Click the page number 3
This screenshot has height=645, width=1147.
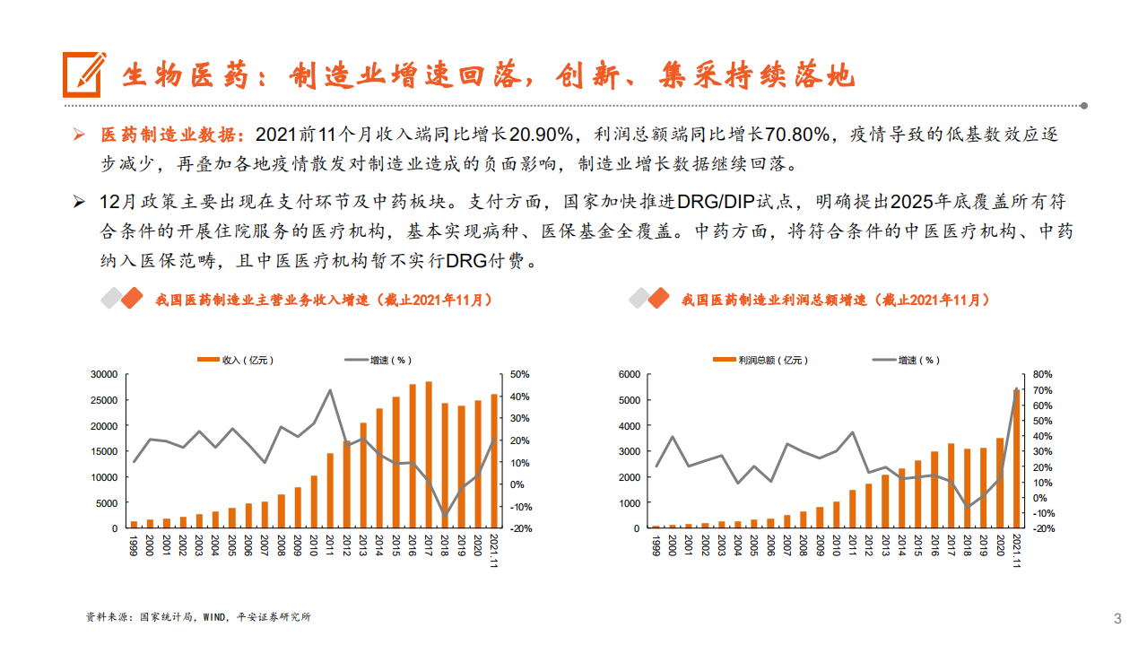click(x=1117, y=618)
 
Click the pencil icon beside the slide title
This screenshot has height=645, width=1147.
click(x=84, y=74)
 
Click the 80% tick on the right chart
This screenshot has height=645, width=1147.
click(x=1041, y=374)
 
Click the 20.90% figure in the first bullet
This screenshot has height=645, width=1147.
click(x=542, y=135)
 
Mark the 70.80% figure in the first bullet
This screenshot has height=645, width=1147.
click(x=797, y=135)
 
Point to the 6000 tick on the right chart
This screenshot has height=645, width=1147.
click(x=630, y=374)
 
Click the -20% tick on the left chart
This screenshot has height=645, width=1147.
click(x=522, y=529)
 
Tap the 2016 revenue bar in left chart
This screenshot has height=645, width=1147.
click(x=413, y=457)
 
